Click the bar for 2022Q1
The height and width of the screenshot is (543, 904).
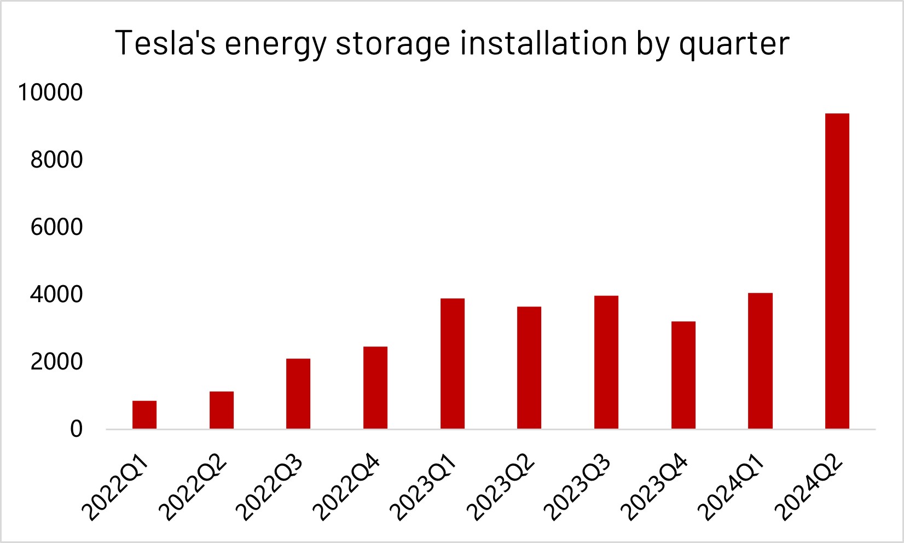(x=144, y=414)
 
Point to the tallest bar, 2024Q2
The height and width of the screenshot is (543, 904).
(x=837, y=270)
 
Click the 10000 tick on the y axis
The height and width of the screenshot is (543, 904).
(x=50, y=93)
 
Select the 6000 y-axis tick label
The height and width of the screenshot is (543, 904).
(x=57, y=227)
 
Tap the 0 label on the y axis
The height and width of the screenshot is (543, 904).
(x=77, y=429)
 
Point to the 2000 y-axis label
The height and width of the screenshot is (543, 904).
(x=57, y=362)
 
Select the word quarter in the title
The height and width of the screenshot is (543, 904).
(x=734, y=44)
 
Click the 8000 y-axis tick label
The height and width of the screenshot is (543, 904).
(x=57, y=160)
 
